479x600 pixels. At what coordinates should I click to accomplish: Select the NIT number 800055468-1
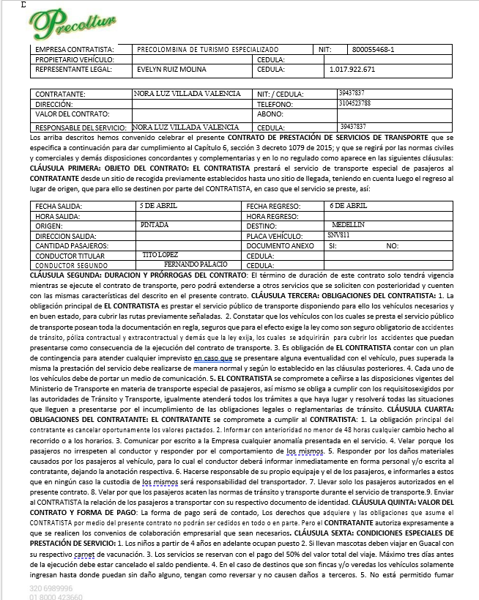[374, 49]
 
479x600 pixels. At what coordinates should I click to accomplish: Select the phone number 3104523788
[355, 103]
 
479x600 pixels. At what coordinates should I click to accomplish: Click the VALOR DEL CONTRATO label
[68, 114]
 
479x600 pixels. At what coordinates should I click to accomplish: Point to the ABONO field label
[270, 114]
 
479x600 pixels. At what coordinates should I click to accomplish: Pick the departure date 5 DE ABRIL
[158, 206]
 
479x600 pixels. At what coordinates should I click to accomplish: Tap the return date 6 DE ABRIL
[348, 206]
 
